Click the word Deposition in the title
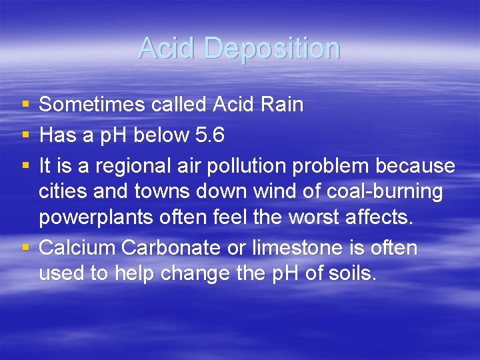[272, 49]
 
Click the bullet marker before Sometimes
[25, 105]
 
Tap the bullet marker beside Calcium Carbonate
[25, 248]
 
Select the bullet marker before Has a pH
[25, 136]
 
